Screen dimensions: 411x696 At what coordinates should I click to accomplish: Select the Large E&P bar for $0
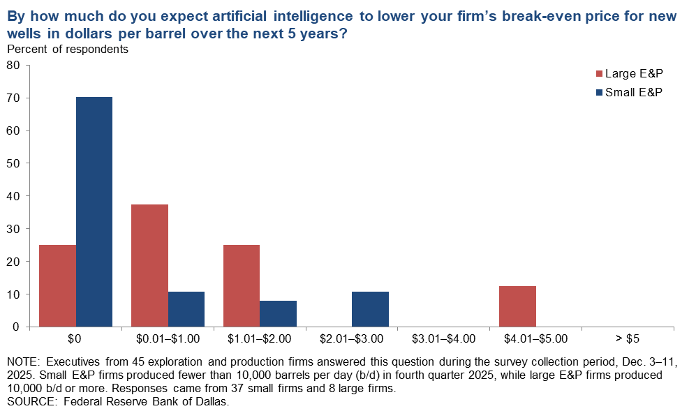[58, 285]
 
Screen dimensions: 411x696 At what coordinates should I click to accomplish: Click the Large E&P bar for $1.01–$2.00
[242, 285]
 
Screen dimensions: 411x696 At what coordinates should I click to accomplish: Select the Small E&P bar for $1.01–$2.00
[278, 313]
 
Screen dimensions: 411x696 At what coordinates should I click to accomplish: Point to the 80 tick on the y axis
[14, 66]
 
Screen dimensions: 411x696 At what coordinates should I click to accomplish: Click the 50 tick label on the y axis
[14, 163]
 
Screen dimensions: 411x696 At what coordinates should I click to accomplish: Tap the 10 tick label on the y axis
[14, 294]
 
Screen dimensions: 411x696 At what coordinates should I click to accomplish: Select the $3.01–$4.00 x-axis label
[444, 338]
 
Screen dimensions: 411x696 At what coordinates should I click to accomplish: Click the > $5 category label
[628, 338]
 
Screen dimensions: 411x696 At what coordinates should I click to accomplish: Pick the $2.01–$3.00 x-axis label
[352, 338]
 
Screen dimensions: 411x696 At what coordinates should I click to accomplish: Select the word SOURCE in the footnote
[29, 402]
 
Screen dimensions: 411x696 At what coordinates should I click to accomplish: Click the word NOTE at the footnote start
[22, 364]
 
